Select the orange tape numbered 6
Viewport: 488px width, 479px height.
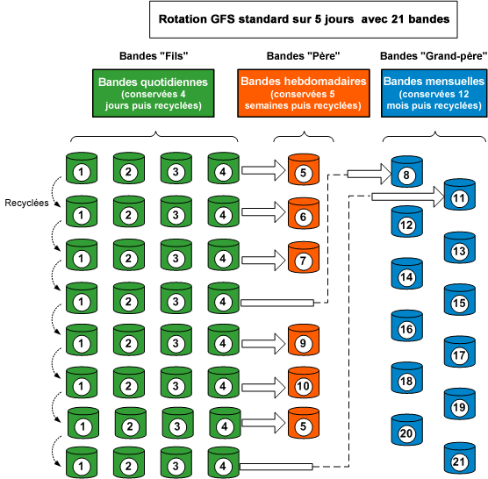pos(302,215)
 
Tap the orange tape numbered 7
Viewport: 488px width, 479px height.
pos(302,260)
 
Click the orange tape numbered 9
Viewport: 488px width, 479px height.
pos(302,343)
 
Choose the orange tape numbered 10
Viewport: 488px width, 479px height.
pos(302,385)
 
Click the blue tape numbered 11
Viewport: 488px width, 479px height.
pos(457,198)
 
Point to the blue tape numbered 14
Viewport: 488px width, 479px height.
pos(406,277)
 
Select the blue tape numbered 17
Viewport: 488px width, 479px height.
pos(457,355)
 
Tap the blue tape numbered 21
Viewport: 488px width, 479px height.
pos(457,461)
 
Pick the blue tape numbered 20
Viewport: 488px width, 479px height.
pos(406,433)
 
